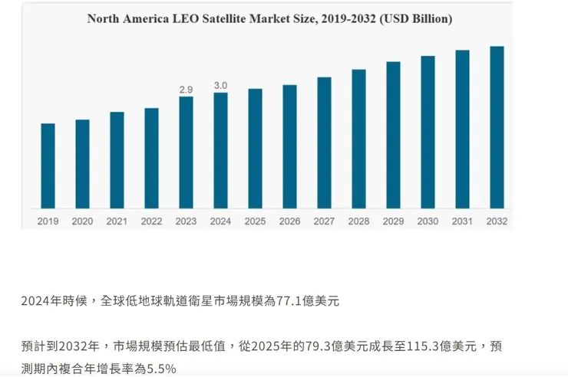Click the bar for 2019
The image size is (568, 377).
(x=48, y=166)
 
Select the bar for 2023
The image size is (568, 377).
(x=186, y=152)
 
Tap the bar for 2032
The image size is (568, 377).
(x=497, y=127)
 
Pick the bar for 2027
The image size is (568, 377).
(x=324, y=143)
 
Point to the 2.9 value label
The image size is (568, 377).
(x=186, y=90)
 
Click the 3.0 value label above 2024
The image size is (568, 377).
(x=220, y=86)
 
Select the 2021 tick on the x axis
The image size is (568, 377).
(x=117, y=221)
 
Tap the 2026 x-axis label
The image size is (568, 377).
(x=289, y=221)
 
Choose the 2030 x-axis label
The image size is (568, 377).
(x=428, y=221)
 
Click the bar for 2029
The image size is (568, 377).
(x=393, y=135)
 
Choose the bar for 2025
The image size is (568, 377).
(x=255, y=149)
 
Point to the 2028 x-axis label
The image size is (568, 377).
(x=358, y=221)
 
